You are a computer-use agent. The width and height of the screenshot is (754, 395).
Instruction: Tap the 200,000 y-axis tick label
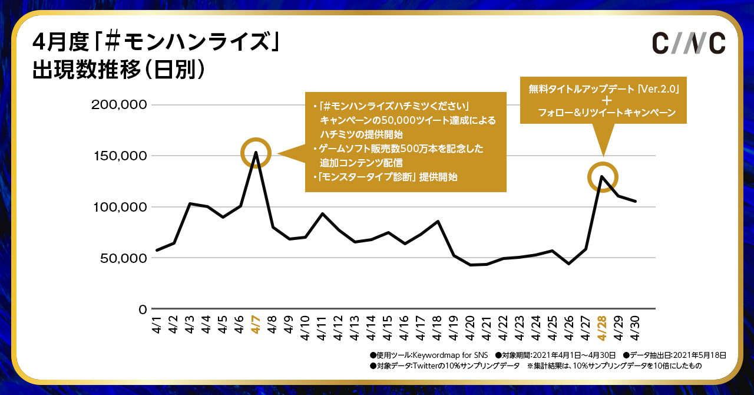[119, 105]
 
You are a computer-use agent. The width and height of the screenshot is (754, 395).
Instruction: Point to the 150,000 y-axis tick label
[119, 156]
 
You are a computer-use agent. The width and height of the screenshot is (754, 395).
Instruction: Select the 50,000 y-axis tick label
[123, 258]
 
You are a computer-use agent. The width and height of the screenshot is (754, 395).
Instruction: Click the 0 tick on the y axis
[143, 309]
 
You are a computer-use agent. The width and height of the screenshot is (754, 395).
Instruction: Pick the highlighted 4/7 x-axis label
[256, 324]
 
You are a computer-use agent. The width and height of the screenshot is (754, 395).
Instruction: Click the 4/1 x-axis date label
[156, 324]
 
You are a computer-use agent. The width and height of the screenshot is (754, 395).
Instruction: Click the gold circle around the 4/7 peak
[256, 153]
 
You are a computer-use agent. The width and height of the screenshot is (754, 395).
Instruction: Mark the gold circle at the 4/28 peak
[603, 176]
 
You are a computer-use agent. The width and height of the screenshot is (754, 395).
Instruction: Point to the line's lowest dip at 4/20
[471, 265]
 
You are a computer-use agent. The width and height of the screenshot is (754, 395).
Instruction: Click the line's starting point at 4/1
[156, 250]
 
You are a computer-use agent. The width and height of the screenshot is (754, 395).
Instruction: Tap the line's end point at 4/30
[636, 202]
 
